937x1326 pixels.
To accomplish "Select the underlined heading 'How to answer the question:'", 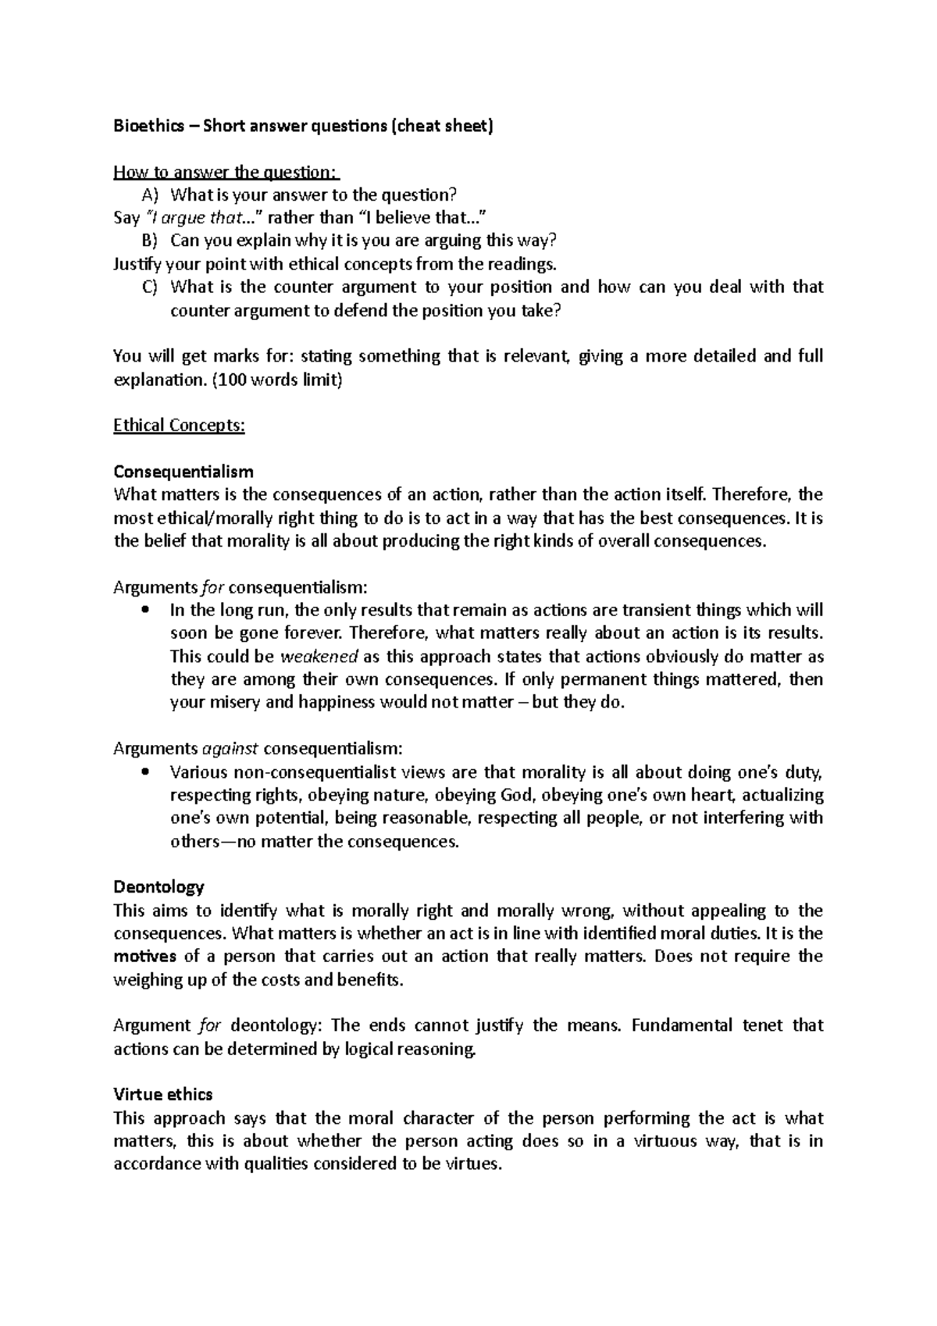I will (x=226, y=172).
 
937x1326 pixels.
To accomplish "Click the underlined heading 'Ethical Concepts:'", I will (x=179, y=426).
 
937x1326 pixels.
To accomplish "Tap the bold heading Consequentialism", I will (x=183, y=472).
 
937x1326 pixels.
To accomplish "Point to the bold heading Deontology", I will (x=159, y=887).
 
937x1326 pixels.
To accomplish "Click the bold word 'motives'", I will (x=145, y=957).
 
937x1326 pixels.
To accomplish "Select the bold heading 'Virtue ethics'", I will (x=162, y=1094).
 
